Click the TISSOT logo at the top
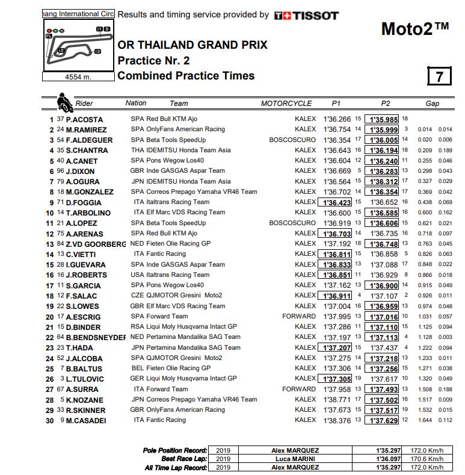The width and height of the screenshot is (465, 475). (306, 16)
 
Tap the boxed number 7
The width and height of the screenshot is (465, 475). (440, 76)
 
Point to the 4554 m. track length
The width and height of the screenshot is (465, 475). (78, 77)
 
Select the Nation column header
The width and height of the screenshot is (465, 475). (136, 103)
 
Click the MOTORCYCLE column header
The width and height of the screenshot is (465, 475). (286, 104)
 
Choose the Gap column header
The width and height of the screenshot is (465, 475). (432, 104)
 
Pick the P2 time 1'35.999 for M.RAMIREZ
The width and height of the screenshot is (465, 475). (383, 129)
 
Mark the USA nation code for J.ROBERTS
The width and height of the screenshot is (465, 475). (137, 275)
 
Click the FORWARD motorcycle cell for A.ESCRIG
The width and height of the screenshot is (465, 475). (299, 316)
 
